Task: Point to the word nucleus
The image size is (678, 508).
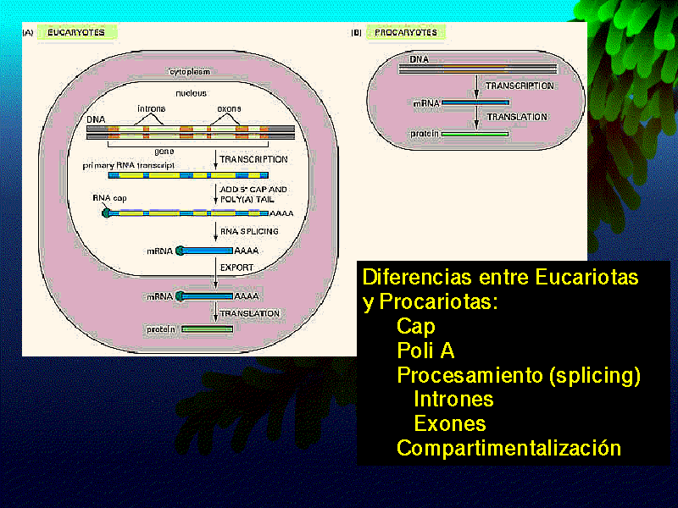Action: click(x=191, y=93)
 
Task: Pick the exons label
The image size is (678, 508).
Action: click(x=229, y=109)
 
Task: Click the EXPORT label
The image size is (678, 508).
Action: click(x=237, y=268)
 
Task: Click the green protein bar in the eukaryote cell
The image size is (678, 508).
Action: click(x=205, y=329)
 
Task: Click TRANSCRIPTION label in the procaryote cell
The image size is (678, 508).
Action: click(x=520, y=86)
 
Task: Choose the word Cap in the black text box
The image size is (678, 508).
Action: click(x=415, y=326)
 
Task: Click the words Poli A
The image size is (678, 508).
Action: click(x=425, y=351)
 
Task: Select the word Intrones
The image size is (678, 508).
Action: click(x=453, y=399)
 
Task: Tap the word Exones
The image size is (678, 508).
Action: click(x=449, y=423)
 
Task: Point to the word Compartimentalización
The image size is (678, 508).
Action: click(x=508, y=448)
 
